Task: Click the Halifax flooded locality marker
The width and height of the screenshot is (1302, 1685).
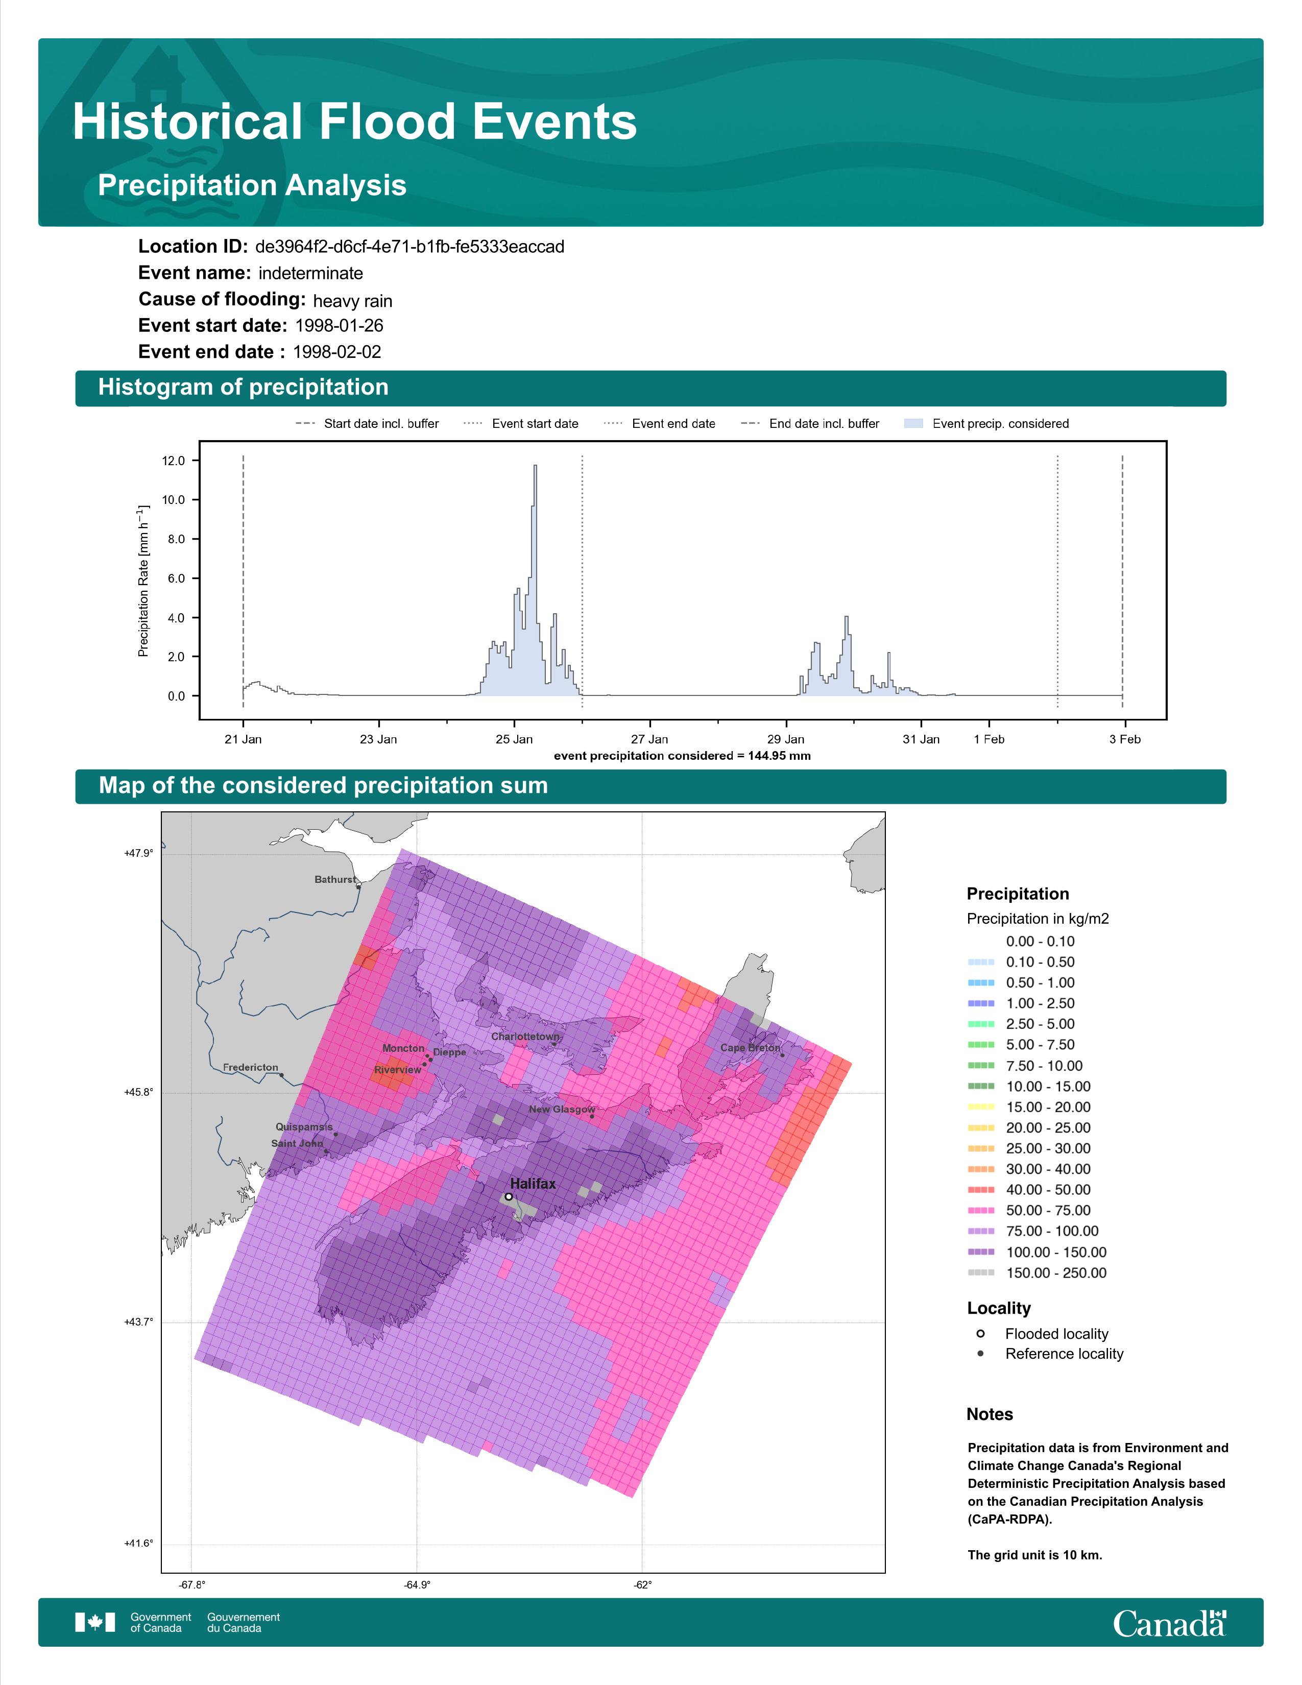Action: (509, 1197)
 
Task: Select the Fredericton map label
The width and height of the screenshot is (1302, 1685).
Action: (251, 1067)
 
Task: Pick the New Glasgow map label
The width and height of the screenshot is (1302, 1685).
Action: (562, 1110)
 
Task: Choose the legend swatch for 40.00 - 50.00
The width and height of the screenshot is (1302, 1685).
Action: (981, 1190)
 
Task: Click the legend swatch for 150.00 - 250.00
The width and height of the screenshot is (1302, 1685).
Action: (981, 1273)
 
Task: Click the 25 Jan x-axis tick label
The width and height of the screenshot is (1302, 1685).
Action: (514, 739)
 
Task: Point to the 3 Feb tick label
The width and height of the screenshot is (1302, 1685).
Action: (1125, 739)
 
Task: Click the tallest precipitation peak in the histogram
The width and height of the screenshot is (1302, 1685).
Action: (535, 466)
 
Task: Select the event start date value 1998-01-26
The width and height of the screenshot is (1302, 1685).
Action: (340, 326)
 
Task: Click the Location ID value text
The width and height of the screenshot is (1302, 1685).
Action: (409, 247)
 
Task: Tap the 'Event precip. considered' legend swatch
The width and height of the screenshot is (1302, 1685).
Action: (913, 424)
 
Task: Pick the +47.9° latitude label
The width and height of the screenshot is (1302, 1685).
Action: (139, 853)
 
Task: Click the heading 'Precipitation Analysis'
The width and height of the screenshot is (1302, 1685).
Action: (252, 185)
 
